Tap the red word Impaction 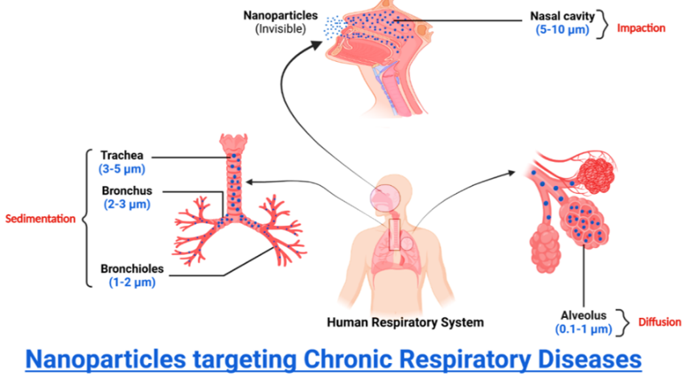(x=641, y=28)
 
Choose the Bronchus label (x=126, y=191)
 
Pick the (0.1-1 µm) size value (x=583, y=329)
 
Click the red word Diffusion (x=659, y=323)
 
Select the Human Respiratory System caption (x=405, y=323)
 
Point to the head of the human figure (x=384, y=197)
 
